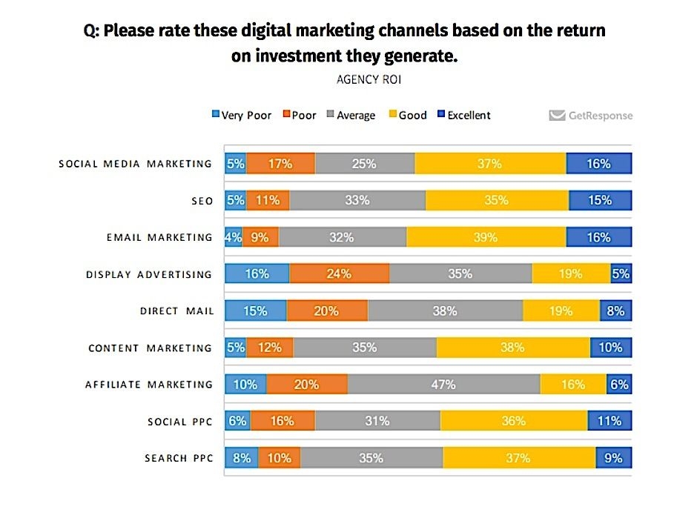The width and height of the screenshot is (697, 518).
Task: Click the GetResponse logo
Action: coord(591,116)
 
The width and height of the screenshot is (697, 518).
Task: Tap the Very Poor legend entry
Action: coord(242,116)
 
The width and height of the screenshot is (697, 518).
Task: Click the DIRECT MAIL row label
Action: coord(176,311)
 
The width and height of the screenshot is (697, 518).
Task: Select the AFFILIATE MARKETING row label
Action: coord(149,385)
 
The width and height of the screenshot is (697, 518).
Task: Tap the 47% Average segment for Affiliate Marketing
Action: coord(443,385)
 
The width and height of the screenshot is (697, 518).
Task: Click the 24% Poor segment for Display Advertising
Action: coord(339,274)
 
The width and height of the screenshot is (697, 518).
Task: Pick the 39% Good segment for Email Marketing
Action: coord(486,237)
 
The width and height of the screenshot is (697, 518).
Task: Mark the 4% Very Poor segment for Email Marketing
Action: coord(234,237)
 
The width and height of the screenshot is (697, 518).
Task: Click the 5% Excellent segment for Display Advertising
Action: coord(621,274)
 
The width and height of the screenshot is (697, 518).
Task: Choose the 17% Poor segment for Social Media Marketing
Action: coord(280,164)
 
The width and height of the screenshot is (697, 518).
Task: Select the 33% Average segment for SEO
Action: coord(357,201)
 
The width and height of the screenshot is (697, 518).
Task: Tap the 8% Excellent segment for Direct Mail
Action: coord(615,311)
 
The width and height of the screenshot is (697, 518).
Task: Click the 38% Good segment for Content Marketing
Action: coord(513,348)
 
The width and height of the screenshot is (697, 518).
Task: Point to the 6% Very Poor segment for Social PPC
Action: coord(237,421)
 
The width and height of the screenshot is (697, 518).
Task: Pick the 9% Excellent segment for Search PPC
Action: coord(613,458)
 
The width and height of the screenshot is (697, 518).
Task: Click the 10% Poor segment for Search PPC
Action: coord(280,458)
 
